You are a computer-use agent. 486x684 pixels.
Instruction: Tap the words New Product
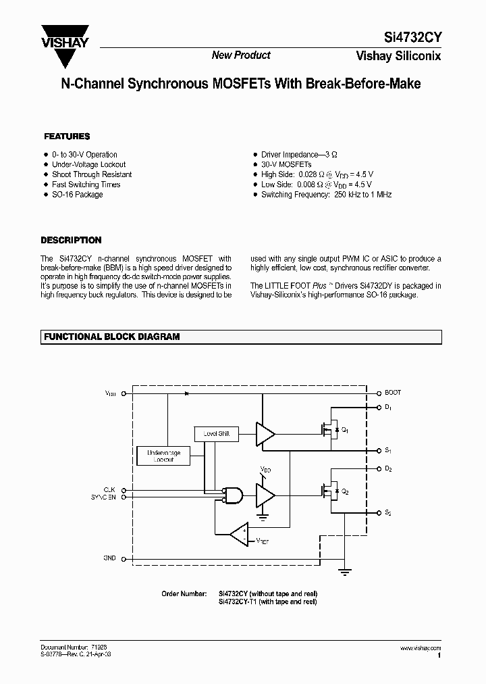tap(241, 55)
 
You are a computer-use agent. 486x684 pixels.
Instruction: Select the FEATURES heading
tap(67, 136)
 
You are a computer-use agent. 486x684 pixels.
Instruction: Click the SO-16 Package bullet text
tap(78, 195)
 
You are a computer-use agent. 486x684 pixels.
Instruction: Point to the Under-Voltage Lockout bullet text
tap(88, 164)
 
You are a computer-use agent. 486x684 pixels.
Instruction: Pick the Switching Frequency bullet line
tap(327, 195)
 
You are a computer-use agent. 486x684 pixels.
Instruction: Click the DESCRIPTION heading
tap(71, 240)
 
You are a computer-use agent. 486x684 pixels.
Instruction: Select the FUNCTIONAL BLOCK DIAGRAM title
tap(112, 337)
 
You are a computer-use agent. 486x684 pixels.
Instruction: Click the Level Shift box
tap(216, 433)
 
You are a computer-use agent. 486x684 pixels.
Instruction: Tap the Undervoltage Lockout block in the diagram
tap(163, 456)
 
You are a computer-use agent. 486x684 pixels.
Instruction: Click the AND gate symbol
tap(234, 495)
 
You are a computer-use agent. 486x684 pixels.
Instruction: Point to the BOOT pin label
tap(393, 393)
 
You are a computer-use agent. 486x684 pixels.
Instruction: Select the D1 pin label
tap(389, 408)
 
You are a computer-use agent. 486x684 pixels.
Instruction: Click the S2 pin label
tap(389, 514)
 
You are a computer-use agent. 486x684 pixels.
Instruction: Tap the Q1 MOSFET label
tap(345, 430)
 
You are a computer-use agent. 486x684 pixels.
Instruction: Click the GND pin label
tap(110, 558)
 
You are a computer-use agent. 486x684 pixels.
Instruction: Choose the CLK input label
tap(109, 489)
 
